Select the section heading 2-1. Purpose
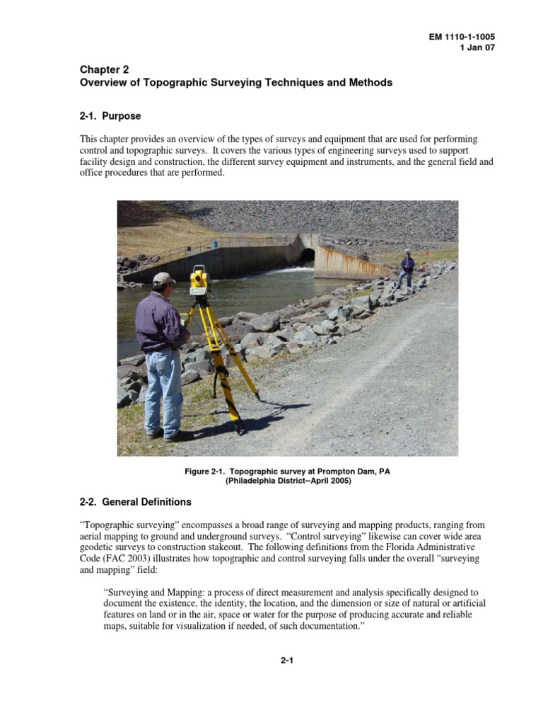[x=110, y=115]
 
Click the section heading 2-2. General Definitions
[x=135, y=502]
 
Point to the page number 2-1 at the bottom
[x=287, y=661]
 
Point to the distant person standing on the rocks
[x=407, y=269]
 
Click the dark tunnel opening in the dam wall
[x=308, y=255]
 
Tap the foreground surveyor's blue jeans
[x=162, y=389]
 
